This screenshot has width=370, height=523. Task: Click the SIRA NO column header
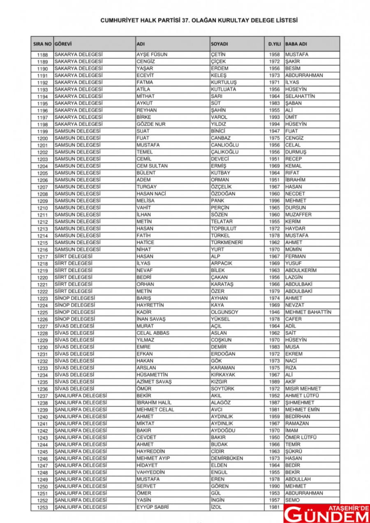tap(42, 44)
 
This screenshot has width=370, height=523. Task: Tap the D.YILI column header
tap(274, 44)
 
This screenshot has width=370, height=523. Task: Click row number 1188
tap(42, 55)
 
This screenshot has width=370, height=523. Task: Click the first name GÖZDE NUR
tap(150, 124)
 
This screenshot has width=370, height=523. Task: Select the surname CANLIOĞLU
tap(224, 145)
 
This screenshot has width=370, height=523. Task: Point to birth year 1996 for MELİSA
tap(274, 201)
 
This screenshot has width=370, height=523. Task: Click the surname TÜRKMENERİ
tap(227, 243)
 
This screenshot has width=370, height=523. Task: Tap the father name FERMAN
tap(295, 257)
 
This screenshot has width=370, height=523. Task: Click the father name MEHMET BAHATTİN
tap(308, 312)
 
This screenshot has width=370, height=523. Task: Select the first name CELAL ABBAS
tap(153, 333)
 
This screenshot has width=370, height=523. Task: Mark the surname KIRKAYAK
tap(224, 375)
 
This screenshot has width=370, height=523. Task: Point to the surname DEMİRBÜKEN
tap(227, 458)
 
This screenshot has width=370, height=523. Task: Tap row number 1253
tap(42, 508)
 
